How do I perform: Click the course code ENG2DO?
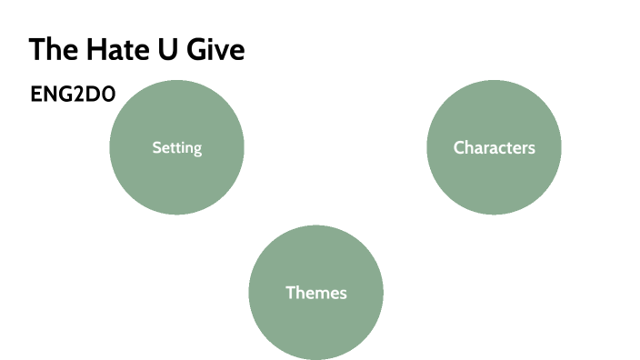[73, 95]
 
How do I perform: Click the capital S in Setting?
[156, 147]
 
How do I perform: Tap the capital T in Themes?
[290, 293]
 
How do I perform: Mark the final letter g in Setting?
[196, 149]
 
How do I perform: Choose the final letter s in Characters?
[531, 148]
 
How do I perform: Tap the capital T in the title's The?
[36, 50]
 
